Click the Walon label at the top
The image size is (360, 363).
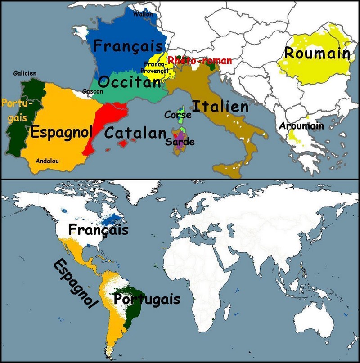click(143, 14)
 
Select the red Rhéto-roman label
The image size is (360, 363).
click(200, 60)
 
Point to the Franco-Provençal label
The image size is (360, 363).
click(156, 67)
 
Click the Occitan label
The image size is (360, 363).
click(129, 82)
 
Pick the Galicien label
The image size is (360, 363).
click(25, 73)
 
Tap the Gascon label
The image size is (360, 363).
click(93, 91)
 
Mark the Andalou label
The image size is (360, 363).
click(47, 161)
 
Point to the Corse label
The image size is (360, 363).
click(178, 115)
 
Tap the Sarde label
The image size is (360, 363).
click(180, 142)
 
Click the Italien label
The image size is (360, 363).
click(220, 107)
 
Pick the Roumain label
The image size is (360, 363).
click(317, 54)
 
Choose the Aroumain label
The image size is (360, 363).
click(301, 126)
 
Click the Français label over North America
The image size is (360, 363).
click(98, 230)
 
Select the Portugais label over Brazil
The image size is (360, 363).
click(147, 299)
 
